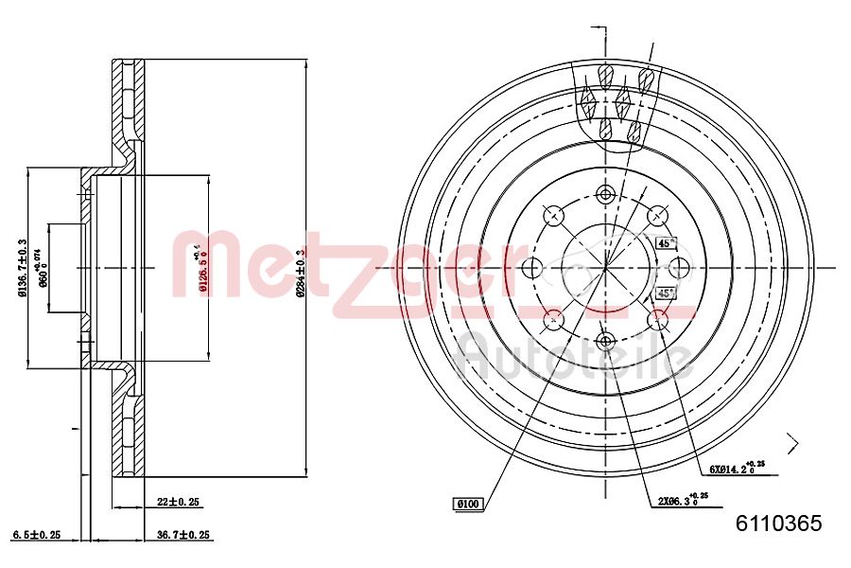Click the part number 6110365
pos(778,523)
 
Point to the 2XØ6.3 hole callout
pos(679,502)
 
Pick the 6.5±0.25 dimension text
pos(37,535)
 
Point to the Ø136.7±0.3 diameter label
pos(22,267)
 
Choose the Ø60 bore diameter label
pos(42,268)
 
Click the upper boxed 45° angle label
pos(666,243)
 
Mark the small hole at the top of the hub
pos(605,194)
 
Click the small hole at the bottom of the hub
pos(605,338)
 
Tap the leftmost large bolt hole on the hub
pos(530,268)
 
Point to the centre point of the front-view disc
pos(605,268)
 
